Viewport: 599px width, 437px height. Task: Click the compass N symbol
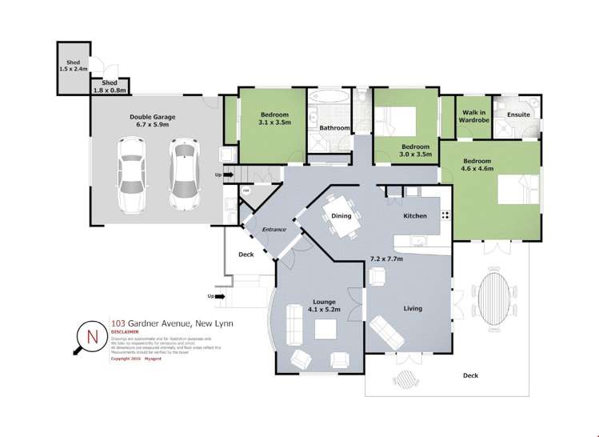(x=91, y=336)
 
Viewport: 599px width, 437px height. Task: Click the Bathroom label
(x=334, y=128)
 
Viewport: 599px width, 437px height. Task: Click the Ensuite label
(x=518, y=114)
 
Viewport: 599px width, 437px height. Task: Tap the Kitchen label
(x=414, y=216)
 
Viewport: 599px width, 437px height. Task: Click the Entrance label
(x=274, y=231)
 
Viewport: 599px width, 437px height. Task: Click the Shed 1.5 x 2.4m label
(x=73, y=66)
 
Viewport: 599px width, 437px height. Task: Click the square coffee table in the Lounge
(x=325, y=330)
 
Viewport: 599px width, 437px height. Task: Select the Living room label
(x=413, y=308)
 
